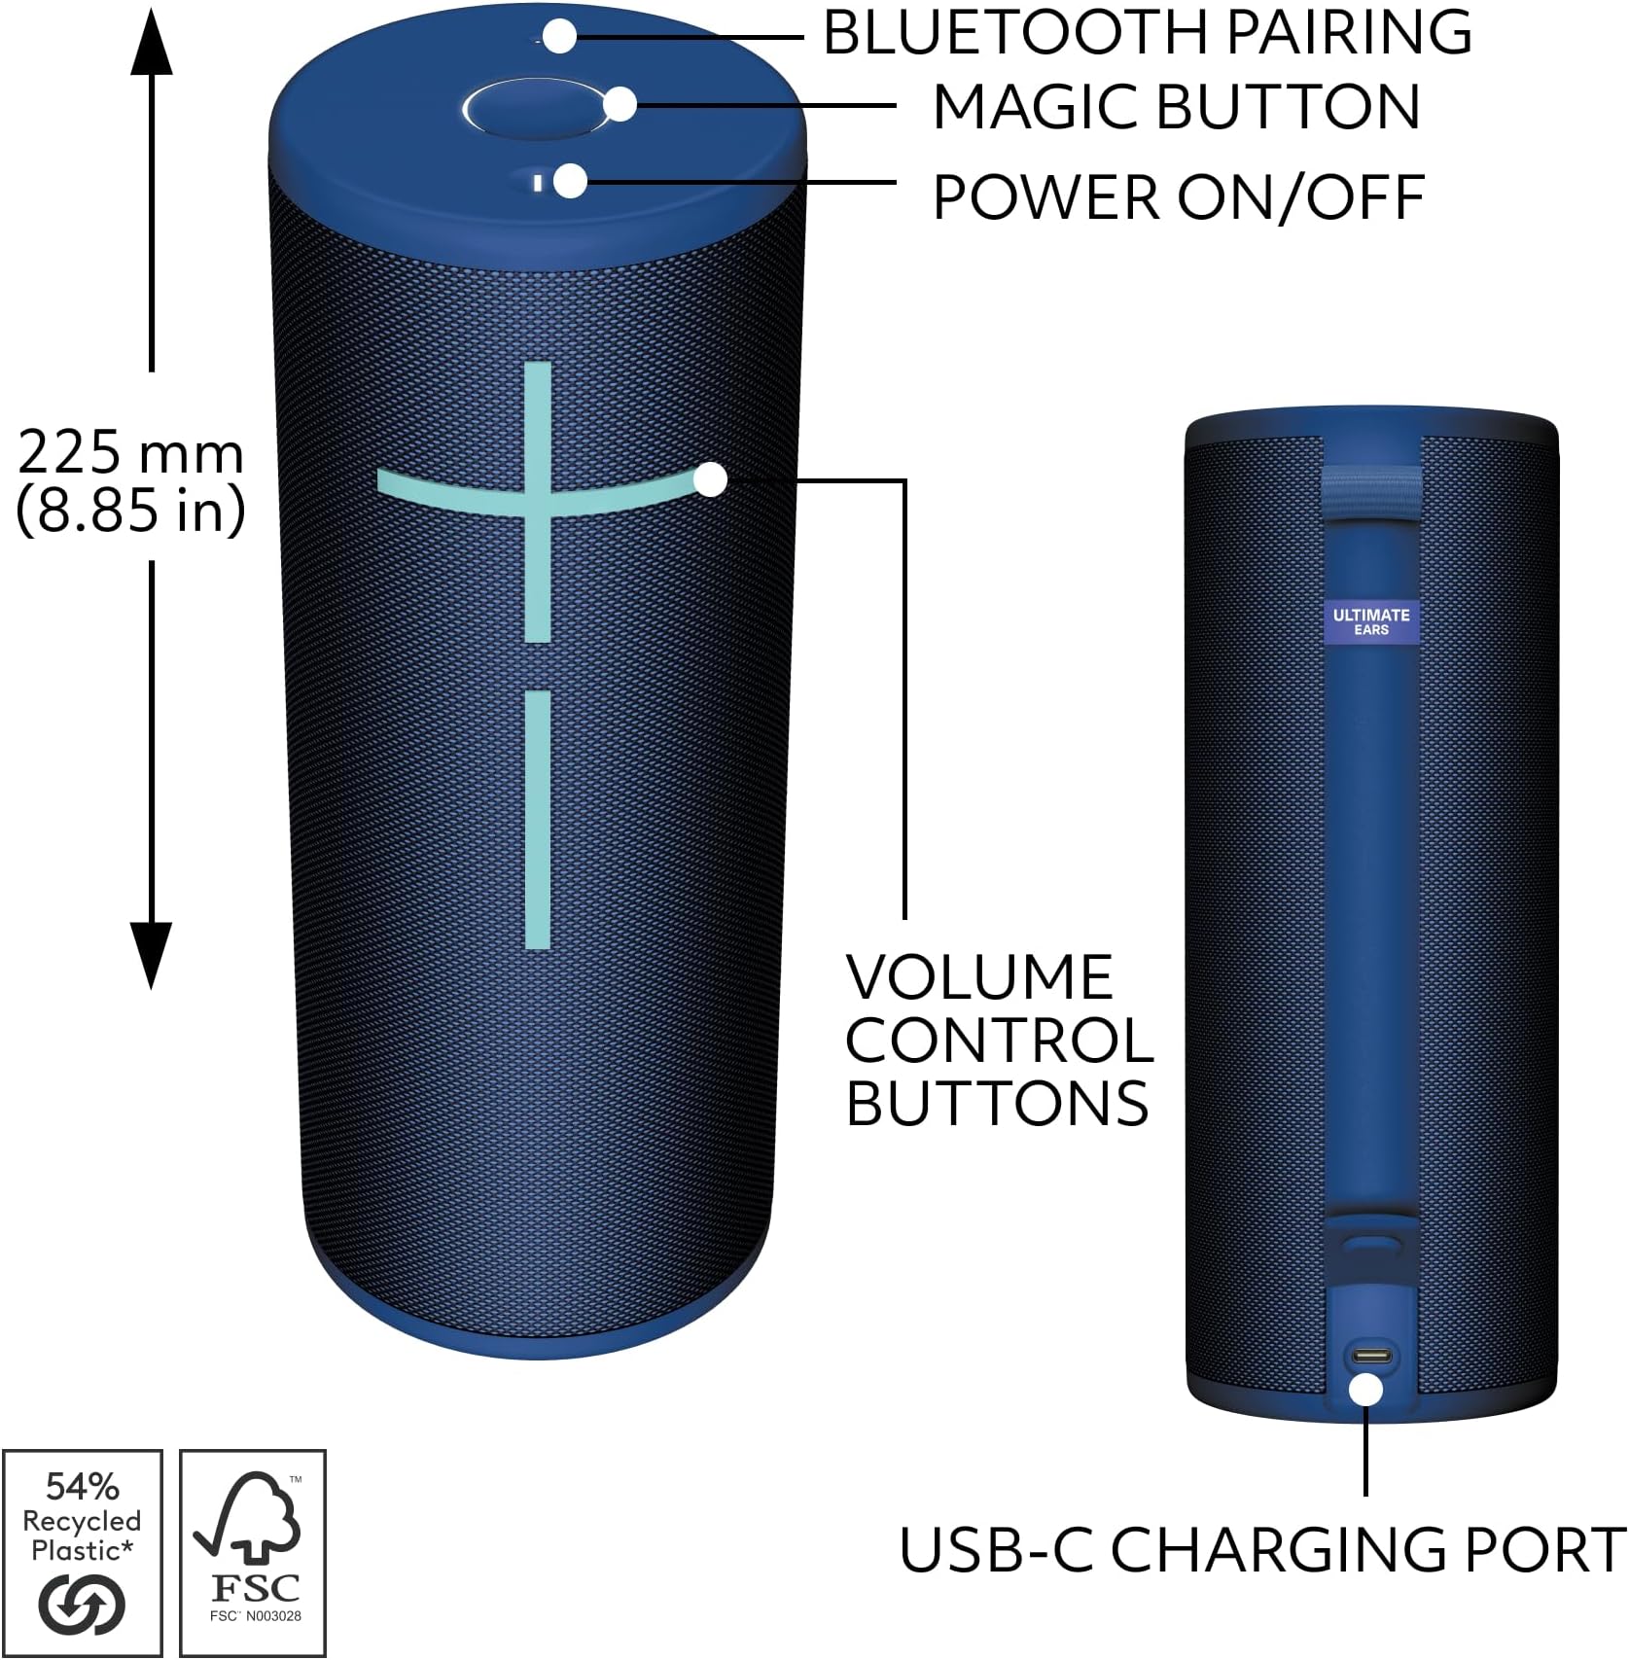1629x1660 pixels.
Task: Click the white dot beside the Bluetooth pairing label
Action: coord(559,38)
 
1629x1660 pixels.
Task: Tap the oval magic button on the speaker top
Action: coord(530,111)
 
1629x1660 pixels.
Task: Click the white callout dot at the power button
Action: coord(571,181)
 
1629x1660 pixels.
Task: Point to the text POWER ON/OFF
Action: coord(1178,198)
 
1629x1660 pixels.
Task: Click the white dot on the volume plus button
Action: coord(711,479)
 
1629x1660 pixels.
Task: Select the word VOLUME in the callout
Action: coord(979,977)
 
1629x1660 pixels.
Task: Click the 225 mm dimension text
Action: coord(130,453)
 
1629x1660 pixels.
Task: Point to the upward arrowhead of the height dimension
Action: coord(152,44)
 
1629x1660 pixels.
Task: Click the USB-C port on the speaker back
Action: coord(1367,1357)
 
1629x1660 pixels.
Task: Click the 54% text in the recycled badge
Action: coord(83,1487)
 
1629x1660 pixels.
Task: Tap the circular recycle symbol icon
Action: coord(82,1605)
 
